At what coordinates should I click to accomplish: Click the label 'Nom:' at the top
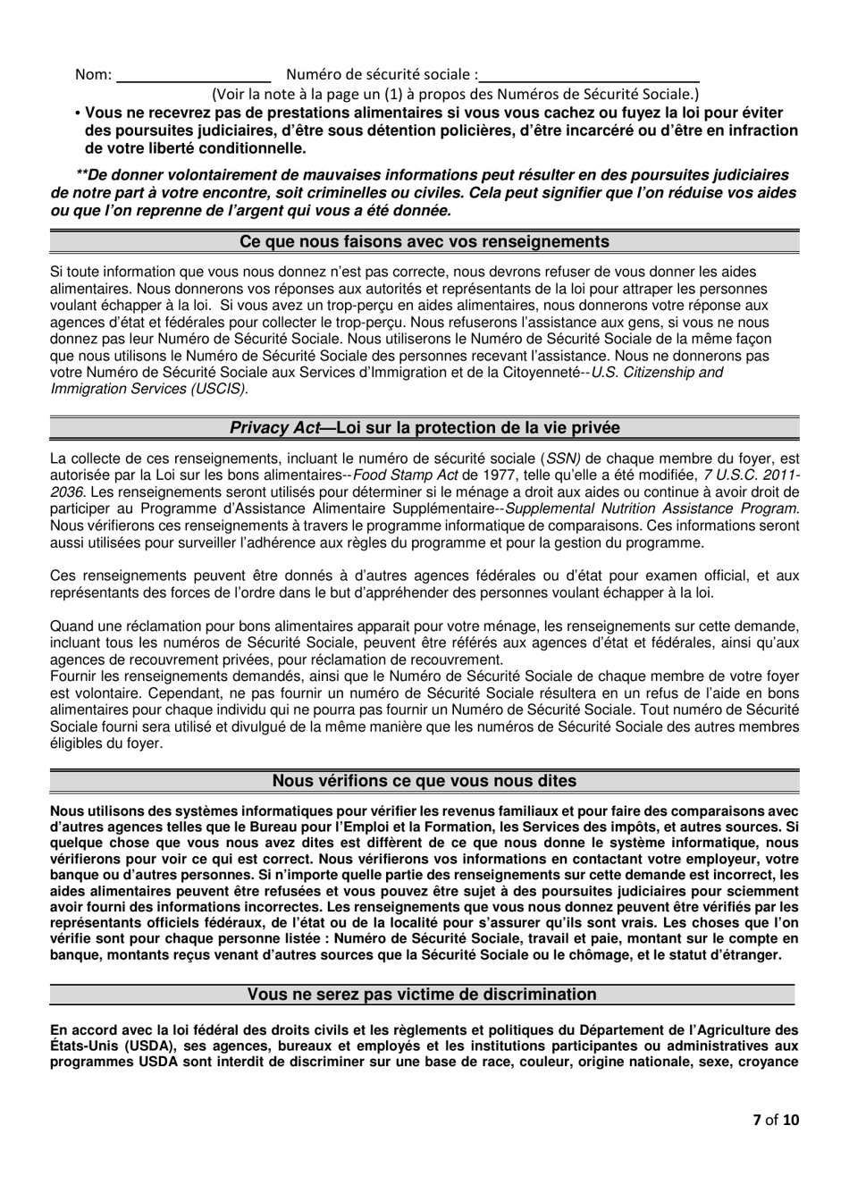click(93, 75)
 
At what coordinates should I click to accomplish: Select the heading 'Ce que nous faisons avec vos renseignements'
click(424, 242)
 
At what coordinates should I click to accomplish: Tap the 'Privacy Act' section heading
click(424, 428)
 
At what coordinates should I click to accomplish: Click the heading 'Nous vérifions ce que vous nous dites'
click(424, 781)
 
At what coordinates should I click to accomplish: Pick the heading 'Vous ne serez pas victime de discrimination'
click(422, 995)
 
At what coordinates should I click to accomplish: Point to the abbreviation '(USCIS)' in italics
click(223, 389)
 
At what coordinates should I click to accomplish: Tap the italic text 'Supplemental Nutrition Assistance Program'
click(652, 509)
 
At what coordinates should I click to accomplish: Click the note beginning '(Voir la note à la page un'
click(455, 94)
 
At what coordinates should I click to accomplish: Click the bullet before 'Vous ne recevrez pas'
click(79, 113)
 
